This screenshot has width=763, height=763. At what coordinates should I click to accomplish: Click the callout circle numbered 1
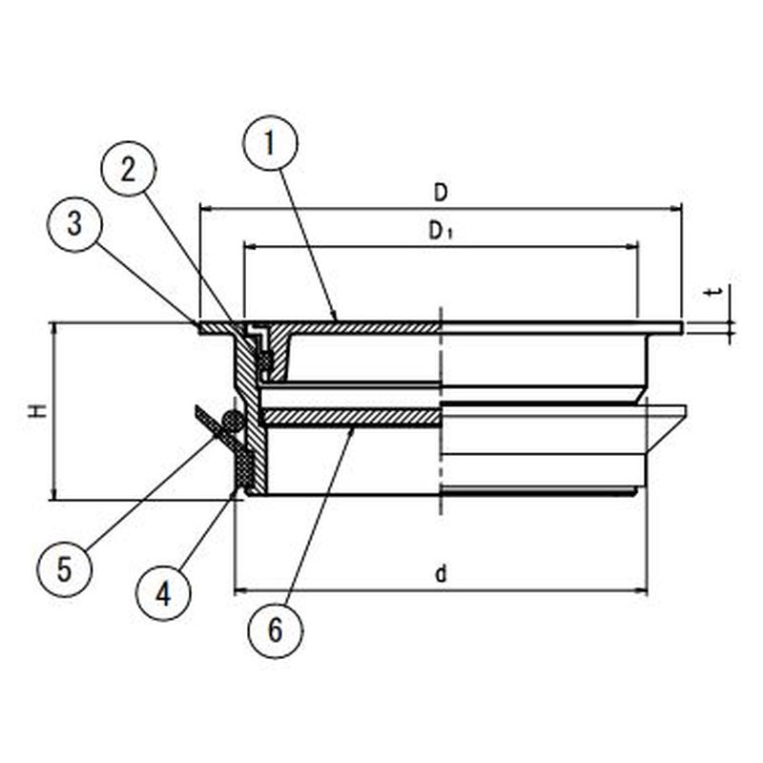(x=270, y=143)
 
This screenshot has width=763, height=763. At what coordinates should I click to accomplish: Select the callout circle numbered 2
(x=128, y=169)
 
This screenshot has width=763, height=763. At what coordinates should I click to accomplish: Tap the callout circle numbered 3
(x=74, y=224)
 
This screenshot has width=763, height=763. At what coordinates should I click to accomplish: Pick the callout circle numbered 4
(x=163, y=593)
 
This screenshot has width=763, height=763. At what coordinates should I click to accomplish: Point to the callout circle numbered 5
(x=64, y=569)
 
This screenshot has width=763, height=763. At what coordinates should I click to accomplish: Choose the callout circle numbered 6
(x=276, y=630)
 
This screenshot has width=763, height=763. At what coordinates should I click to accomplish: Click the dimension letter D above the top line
(x=441, y=194)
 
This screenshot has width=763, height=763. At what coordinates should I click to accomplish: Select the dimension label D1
(x=441, y=232)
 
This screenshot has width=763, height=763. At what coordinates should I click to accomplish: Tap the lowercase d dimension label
(x=441, y=575)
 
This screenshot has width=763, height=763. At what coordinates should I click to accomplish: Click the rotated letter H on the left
(x=37, y=411)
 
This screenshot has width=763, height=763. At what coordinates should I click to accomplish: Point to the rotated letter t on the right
(x=714, y=293)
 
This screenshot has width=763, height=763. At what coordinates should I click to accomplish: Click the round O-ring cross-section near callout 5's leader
(x=232, y=422)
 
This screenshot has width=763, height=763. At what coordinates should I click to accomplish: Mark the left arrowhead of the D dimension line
(x=205, y=209)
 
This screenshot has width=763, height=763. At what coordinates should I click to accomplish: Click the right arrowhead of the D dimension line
(x=676, y=209)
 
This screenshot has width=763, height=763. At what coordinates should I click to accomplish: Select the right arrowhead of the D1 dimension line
(x=631, y=247)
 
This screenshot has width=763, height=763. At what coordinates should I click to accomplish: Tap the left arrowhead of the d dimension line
(x=241, y=591)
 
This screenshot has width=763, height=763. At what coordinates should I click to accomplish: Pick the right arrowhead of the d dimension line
(x=641, y=591)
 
